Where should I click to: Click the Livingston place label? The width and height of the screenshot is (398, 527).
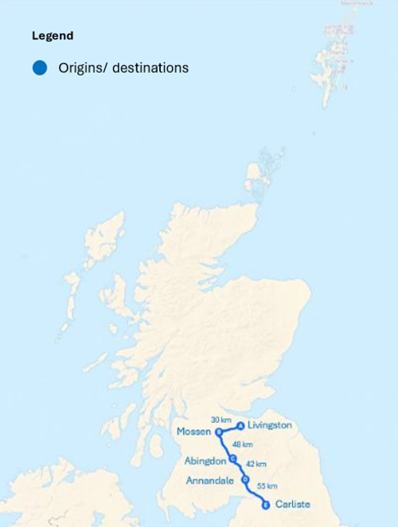coord(269,425)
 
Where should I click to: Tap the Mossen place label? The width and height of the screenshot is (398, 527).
coord(194,432)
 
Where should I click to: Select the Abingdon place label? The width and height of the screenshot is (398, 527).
coord(205,461)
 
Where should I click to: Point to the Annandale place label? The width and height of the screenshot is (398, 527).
coord(210,480)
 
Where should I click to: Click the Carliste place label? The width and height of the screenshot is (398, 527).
coord(293,504)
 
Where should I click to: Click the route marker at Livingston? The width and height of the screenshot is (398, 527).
coord(240,426)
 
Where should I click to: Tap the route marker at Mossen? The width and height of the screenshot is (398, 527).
coord(219,432)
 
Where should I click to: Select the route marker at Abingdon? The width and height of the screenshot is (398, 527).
coord(233,459)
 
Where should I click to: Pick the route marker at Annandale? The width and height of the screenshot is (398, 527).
coord(245,479)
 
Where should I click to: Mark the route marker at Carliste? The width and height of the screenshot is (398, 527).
coord(266,505)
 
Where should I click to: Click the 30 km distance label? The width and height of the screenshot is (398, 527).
coord(221,419)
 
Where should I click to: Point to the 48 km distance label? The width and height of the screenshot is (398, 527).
coord(242,444)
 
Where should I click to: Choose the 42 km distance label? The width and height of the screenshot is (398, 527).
coord(256,464)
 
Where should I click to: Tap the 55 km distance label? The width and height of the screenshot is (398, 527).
coord(267,486)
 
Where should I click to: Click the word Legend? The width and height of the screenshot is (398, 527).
coord(53,36)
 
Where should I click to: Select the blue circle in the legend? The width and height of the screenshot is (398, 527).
coord(39,68)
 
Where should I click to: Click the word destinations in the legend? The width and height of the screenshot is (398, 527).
coord(150,68)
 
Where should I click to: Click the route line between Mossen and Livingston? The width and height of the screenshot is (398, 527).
coord(230,428)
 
